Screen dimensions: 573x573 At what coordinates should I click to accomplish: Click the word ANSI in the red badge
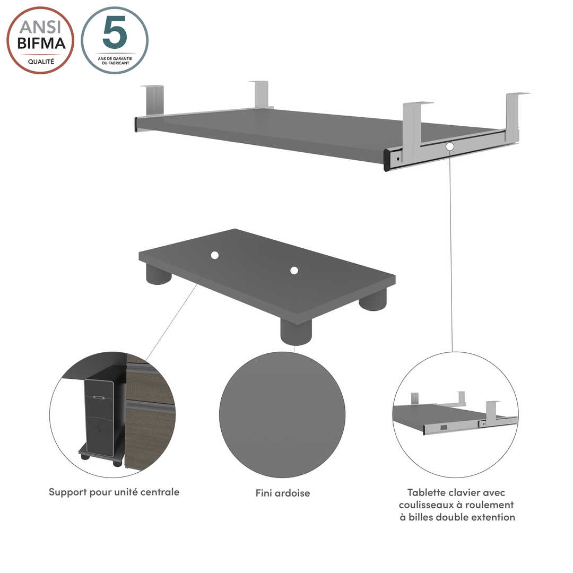[40, 27]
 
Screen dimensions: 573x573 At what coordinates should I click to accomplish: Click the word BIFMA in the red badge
[41, 44]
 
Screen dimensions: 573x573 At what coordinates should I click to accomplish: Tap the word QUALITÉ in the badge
[41, 62]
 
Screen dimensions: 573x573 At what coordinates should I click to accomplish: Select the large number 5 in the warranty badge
[115, 32]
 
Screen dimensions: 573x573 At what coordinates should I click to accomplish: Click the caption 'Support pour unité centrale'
[114, 492]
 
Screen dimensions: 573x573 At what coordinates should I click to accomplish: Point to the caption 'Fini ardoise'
[282, 493]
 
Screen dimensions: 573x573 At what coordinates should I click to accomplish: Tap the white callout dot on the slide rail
[450, 146]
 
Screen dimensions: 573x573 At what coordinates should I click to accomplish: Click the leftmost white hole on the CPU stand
[214, 255]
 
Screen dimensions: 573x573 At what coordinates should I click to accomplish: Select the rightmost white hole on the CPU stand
[294, 271]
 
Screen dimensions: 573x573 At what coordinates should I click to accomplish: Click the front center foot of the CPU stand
[296, 332]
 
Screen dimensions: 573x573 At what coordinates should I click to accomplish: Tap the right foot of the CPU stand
[373, 299]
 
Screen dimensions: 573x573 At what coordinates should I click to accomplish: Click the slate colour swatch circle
[282, 414]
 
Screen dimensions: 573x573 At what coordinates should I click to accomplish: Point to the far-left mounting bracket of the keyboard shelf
[152, 100]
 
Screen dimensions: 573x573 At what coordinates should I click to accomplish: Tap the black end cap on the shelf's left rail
[136, 125]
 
